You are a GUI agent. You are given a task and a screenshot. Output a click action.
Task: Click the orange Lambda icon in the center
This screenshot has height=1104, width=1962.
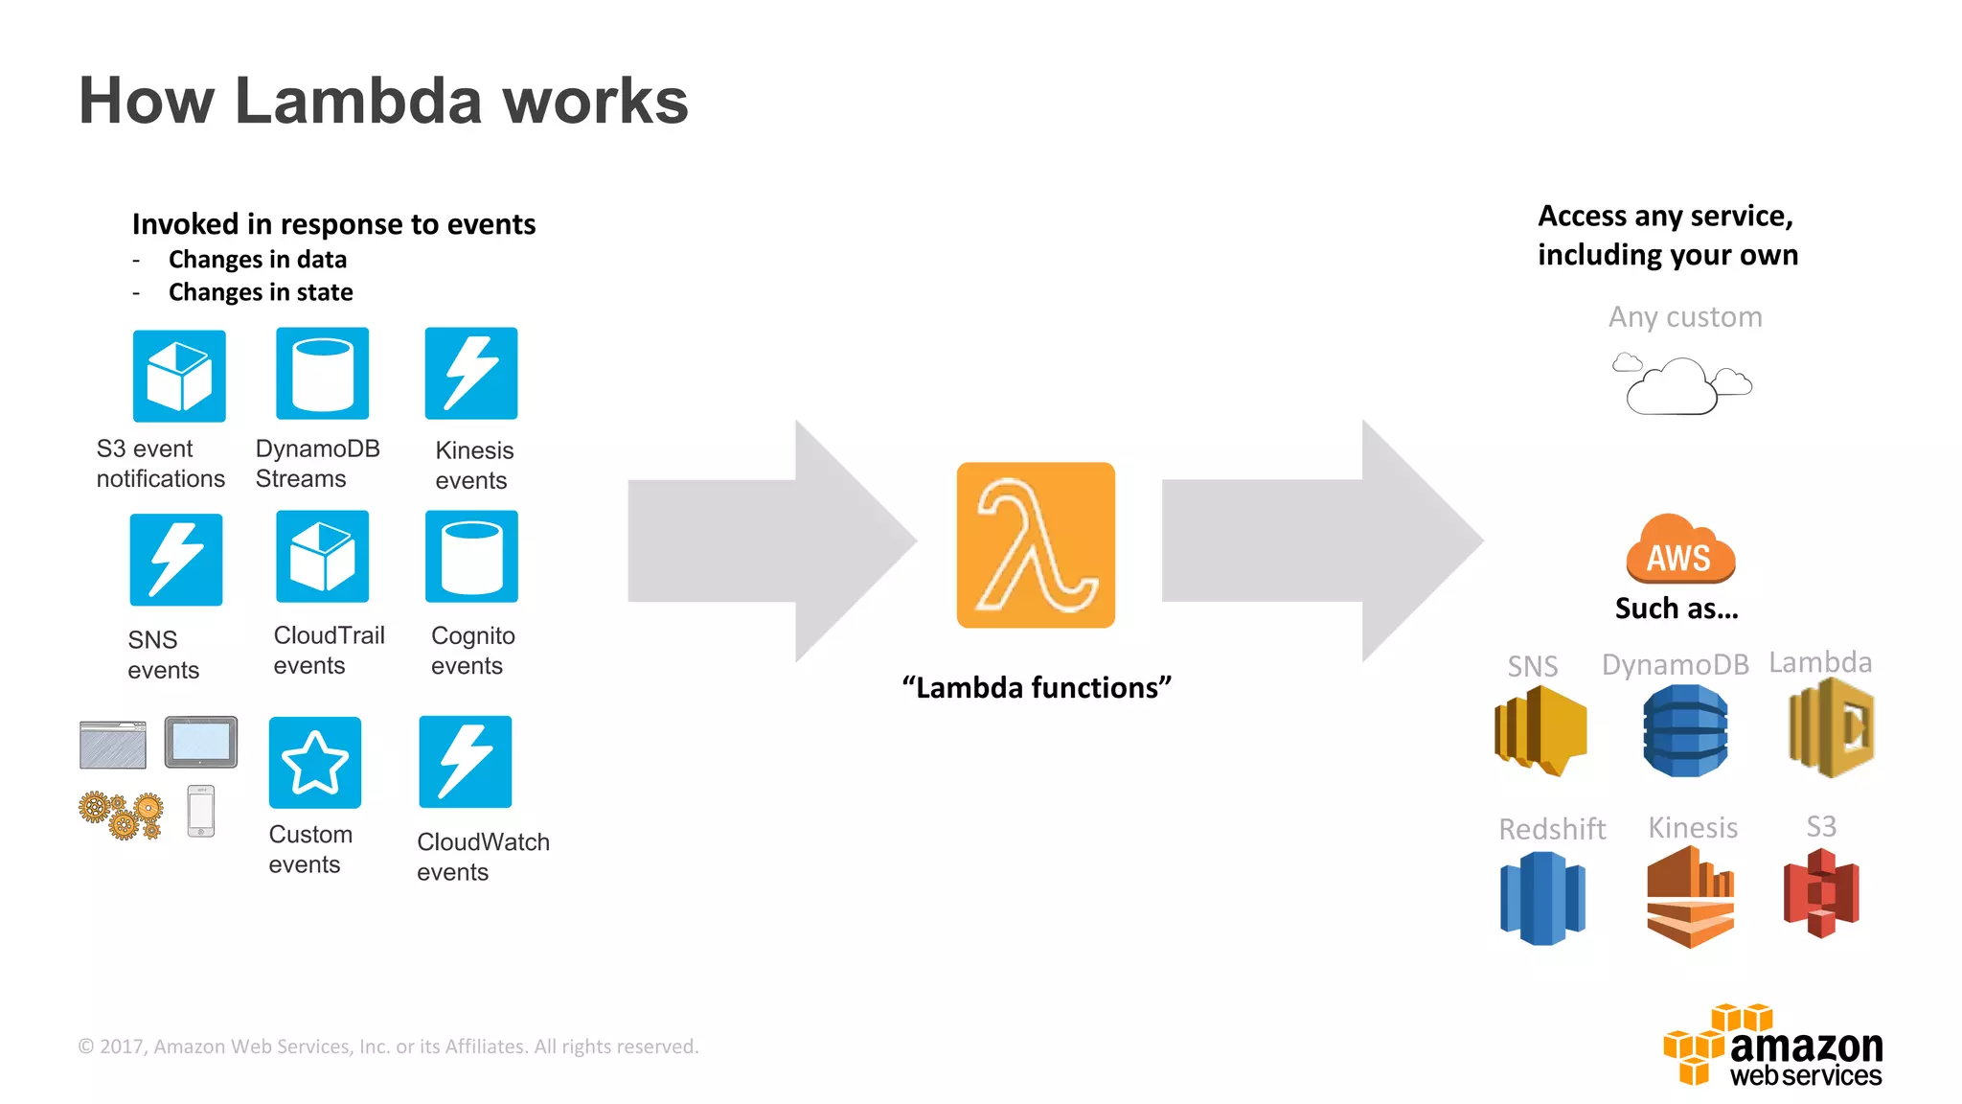point(1036,545)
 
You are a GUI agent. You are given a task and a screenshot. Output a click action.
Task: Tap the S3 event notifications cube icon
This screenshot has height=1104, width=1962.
point(179,376)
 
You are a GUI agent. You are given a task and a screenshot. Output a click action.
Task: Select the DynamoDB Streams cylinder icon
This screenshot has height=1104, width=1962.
point(322,374)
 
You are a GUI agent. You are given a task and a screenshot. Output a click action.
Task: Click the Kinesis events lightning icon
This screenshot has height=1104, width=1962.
point(471,374)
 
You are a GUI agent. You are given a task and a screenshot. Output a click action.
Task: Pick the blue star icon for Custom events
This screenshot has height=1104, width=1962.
point(315,762)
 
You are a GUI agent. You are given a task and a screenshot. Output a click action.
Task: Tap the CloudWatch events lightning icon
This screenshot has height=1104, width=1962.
point(466,762)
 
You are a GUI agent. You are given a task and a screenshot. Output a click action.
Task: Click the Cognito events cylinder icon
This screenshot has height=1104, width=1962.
point(471,557)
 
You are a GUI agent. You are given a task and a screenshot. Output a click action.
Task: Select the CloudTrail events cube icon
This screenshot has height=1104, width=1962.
point(322,557)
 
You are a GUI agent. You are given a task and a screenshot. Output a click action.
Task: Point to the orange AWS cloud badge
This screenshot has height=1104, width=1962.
point(1679,550)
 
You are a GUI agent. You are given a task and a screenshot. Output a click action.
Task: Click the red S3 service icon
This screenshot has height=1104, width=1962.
point(1821,893)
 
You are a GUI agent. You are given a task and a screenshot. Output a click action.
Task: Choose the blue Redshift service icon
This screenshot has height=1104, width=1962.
point(1542,898)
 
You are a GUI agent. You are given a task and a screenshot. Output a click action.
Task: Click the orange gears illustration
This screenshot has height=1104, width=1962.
point(122,815)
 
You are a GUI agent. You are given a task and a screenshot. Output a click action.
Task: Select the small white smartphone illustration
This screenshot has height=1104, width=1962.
point(201,811)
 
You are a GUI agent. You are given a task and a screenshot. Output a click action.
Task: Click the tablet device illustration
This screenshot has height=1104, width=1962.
point(201,742)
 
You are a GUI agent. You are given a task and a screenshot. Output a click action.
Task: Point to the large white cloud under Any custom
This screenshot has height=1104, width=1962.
point(1672,388)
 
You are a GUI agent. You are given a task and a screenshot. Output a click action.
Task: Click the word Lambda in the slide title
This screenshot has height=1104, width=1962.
point(358,101)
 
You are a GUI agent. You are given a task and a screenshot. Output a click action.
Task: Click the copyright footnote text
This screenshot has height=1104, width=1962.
point(388,1046)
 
